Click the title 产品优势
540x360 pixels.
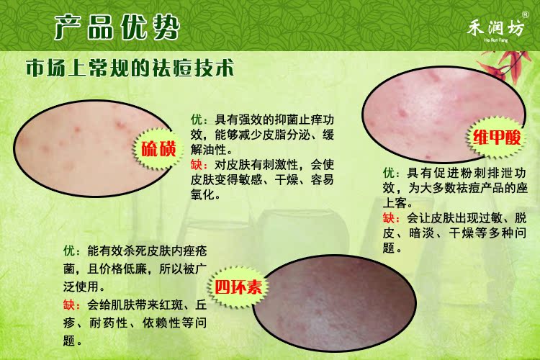click(117, 27)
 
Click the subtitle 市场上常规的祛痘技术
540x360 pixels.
click(130, 68)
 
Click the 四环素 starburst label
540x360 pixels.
click(238, 287)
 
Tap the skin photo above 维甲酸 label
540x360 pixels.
click(444, 114)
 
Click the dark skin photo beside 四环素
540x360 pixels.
click(334, 303)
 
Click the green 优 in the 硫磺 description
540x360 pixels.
click(197, 120)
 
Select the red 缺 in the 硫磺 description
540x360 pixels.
click(197, 165)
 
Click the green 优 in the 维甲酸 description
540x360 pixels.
click(389, 173)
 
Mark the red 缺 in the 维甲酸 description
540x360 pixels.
click(389, 217)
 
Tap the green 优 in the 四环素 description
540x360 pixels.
click(69, 251)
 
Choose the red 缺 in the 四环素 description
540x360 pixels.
click(69, 305)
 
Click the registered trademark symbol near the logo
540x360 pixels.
click(525, 14)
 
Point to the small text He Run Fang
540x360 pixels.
click(495, 40)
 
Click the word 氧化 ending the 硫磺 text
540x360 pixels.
click(202, 194)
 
